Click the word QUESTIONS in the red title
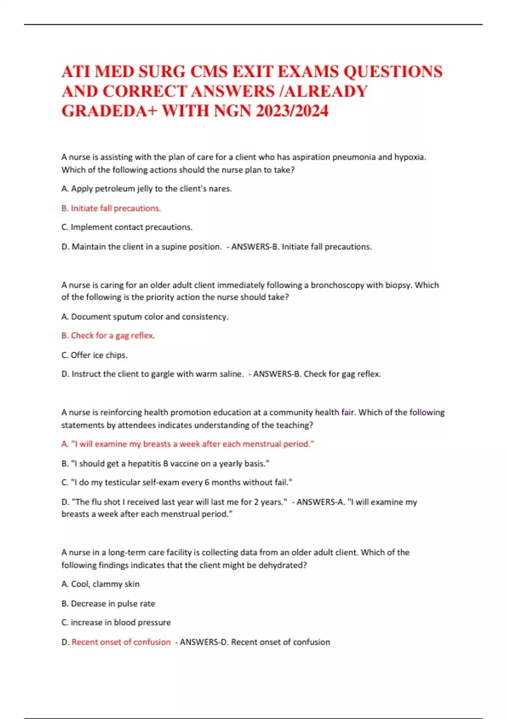point(393,71)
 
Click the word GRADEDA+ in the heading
point(109,111)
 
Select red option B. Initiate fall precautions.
point(111,208)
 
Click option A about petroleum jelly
point(147,189)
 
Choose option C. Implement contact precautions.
point(127,227)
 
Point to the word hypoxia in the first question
point(410,157)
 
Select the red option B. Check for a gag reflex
point(108,335)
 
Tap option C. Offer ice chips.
point(94,355)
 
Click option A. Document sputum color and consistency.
point(145,316)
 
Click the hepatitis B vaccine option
point(165,464)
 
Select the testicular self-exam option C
point(177,482)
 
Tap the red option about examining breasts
point(188,444)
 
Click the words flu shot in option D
point(104,502)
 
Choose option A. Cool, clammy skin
point(101,584)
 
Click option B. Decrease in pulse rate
point(108,604)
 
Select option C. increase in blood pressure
point(116,623)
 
